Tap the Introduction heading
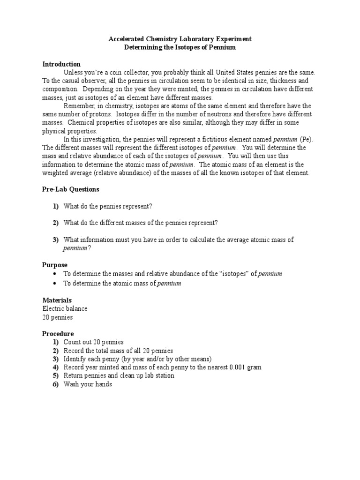point(61,64)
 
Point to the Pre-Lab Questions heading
point(71,189)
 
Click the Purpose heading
point(55,265)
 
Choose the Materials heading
point(57,300)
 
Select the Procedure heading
point(58,334)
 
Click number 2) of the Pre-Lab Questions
point(56,223)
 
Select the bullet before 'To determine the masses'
point(55,274)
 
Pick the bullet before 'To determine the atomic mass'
point(55,284)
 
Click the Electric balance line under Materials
point(65,308)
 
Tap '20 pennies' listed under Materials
point(58,317)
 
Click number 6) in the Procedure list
point(56,384)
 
